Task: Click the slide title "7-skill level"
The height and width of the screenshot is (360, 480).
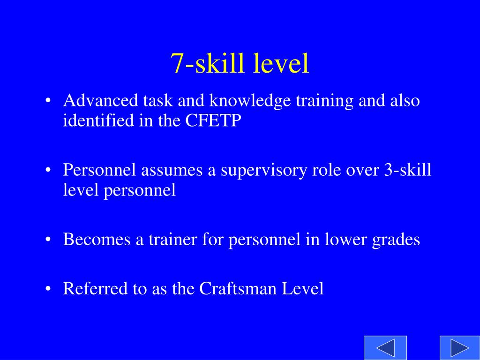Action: (x=240, y=63)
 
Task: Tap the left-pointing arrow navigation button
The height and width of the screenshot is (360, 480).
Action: (x=385, y=348)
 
